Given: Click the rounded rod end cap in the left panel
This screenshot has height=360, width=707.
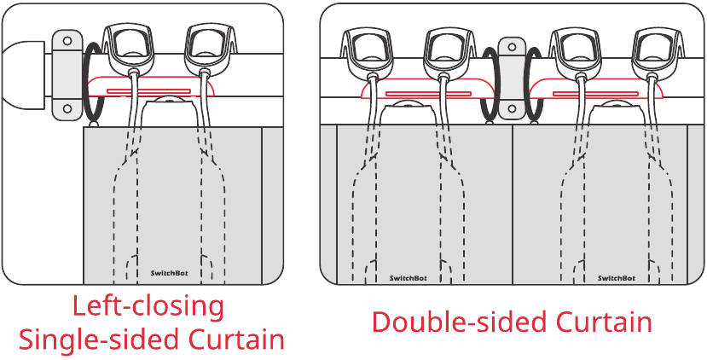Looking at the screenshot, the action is (22, 75).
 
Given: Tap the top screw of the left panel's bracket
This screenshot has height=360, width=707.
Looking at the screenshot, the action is (67, 41).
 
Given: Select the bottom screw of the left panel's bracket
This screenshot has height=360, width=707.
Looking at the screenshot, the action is (67, 108).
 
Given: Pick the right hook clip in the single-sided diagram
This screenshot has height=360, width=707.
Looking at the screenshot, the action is (209, 49).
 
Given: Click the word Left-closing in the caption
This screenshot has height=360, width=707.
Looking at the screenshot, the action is (148, 307).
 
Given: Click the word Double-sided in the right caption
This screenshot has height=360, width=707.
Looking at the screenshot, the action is (459, 322).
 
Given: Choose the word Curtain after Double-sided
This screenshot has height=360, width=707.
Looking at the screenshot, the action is (603, 322).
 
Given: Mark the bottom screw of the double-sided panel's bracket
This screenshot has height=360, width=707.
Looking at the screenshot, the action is (512, 108).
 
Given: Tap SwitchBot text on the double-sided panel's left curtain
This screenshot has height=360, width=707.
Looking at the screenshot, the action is (408, 278).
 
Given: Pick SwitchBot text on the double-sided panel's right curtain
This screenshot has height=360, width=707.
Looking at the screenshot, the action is (617, 278).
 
